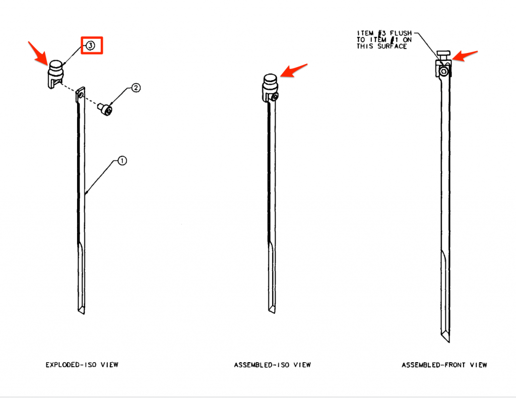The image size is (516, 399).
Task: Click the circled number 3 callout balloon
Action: tap(91, 45)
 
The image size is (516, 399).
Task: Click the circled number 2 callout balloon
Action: tap(136, 88)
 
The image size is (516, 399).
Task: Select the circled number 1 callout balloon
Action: tap(122, 161)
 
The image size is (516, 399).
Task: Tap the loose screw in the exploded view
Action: tap(105, 109)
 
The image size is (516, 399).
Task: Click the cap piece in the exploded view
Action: tap(55, 74)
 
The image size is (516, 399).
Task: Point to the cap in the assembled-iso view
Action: tap(270, 87)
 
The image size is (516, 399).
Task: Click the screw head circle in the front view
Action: tap(444, 72)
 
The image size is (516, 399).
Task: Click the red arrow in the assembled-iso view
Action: tap(294, 70)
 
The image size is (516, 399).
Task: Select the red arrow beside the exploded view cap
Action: tap(38, 53)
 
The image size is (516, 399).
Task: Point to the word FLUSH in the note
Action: tap(401, 33)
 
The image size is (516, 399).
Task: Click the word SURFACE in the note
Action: tap(392, 46)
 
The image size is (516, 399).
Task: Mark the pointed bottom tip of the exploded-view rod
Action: tap(83, 314)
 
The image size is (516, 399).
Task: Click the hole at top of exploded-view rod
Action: tap(81, 95)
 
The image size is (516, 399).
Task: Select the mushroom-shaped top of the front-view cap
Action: tap(443, 53)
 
